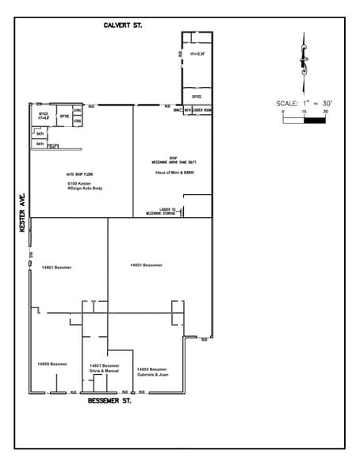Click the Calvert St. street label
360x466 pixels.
tap(122, 26)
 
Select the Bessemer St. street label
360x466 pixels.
tap(109, 401)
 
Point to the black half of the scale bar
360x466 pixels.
tap(316, 121)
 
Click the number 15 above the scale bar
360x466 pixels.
tap(304, 113)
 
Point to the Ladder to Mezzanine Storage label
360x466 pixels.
tap(163, 212)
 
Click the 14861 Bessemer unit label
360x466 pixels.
tap(56, 268)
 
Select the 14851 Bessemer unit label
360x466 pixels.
tap(146, 265)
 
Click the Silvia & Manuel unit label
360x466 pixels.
tap(104, 369)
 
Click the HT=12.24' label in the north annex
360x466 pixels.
tap(197, 54)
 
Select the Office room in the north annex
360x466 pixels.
tap(197, 97)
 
